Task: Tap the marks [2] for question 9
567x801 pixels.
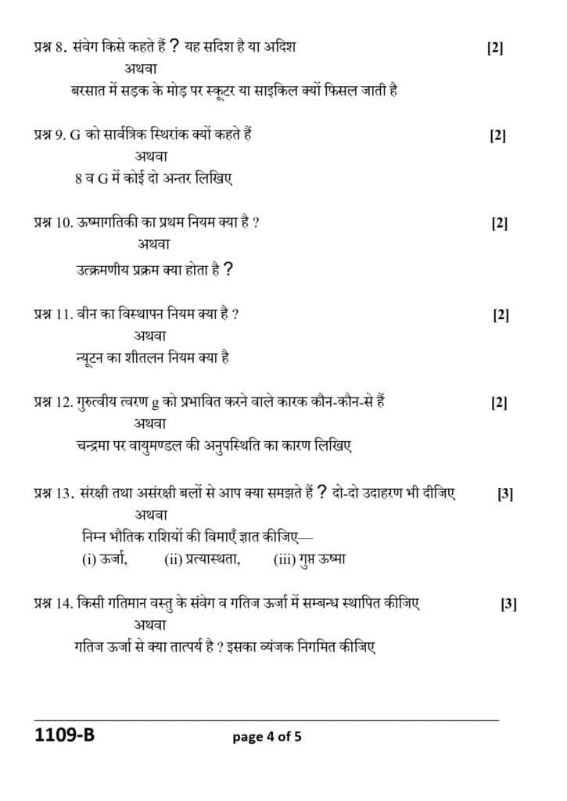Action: click(x=497, y=135)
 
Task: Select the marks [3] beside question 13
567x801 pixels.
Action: click(x=505, y=494)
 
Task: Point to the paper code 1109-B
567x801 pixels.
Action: click(x=59, y=736)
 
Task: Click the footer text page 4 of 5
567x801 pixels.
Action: click(x=267, y=737)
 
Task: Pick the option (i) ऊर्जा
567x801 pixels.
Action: click(x=105, y=559)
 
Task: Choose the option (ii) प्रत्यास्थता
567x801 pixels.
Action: click(x=202, y=559)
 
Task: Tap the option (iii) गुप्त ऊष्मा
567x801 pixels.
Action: click(x=310, y=559)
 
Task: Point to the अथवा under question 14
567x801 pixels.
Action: click(x=150, y=625)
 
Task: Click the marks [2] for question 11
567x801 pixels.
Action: click(x=501, y=315)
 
